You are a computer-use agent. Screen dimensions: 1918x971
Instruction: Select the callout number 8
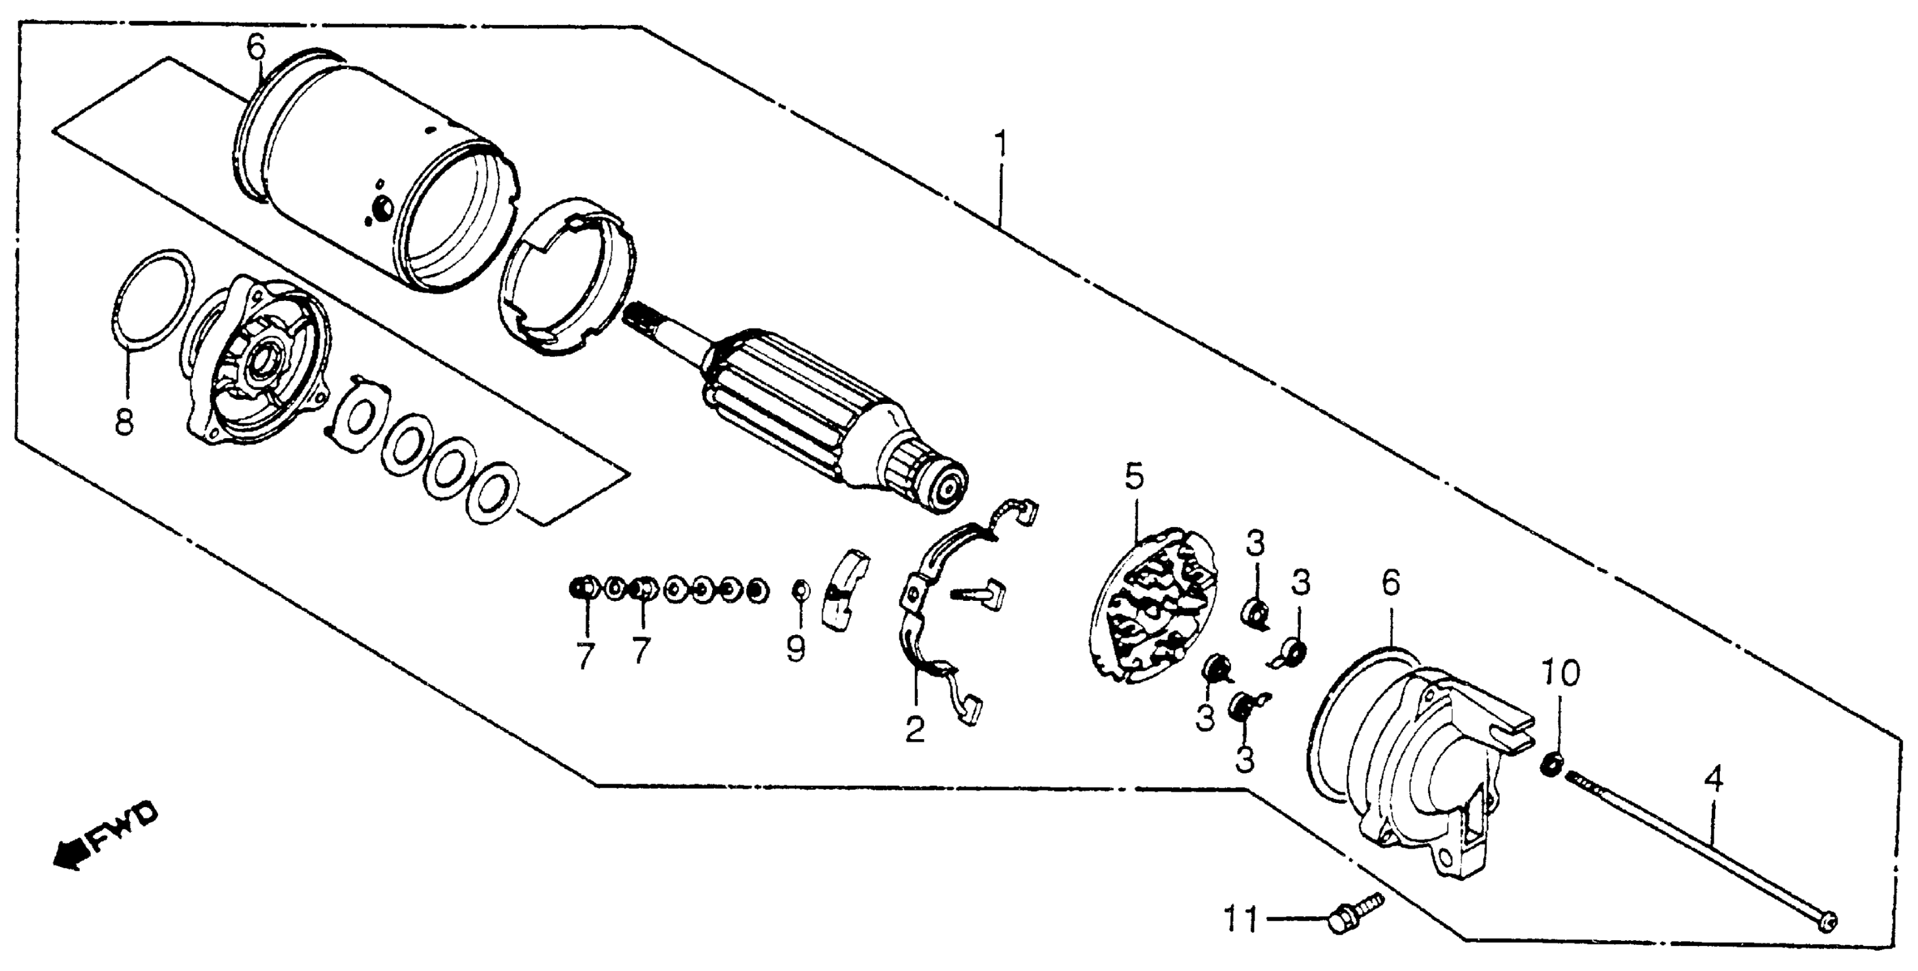point(124,424)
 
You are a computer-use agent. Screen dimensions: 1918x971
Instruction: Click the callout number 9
point(796,649)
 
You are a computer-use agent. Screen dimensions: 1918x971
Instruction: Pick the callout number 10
point(1560,674)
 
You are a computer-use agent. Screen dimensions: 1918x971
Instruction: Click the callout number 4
point(1714,781)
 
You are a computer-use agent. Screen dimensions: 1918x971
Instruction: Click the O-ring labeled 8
point(155,297)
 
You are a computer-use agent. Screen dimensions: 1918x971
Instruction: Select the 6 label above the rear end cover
point(1390,584)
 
